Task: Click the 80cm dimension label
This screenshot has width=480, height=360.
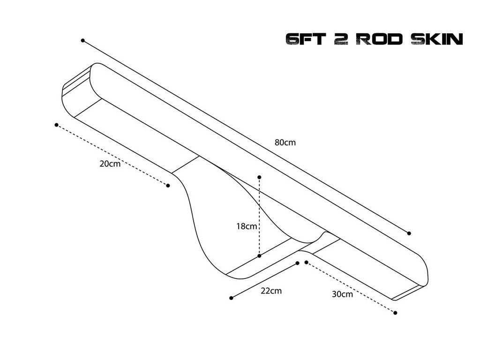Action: pos(285,142)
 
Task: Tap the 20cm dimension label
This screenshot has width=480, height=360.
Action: pos(110,164)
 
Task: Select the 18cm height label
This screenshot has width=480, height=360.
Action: pos(247,226)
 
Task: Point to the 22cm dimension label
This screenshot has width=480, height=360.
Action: pos(271,291)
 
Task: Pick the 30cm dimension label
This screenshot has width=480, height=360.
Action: pos(342,294)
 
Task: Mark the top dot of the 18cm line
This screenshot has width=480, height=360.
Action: pos(259,177)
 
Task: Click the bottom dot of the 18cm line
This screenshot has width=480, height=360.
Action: pos(259,256)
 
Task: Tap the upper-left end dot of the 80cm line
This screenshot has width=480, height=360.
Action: pos(82,41)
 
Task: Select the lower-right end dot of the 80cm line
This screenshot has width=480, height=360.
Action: pos(409,233)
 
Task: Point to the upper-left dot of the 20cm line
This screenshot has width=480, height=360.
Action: pos(56,125)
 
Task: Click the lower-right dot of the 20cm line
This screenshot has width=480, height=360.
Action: pos(168,186)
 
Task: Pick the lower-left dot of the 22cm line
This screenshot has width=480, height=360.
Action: pos(231,298)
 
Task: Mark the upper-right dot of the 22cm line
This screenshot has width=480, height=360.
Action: pos(298,263)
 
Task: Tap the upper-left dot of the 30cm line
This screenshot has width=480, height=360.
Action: pos(306,262)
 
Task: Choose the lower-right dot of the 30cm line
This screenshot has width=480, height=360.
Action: pos(396,313)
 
